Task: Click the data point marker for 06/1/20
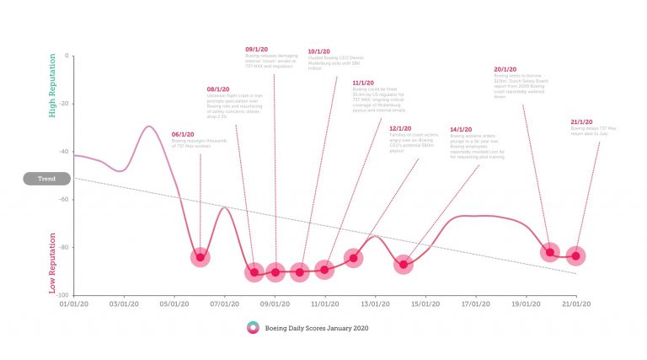click(200, 256)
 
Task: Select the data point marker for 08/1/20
click(254, 271)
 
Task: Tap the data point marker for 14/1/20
click(404, 265)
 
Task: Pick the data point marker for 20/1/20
click(549, 252)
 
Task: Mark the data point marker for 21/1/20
click(576, 255)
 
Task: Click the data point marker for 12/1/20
click(353, 258)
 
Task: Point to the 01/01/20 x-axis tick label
click(73, 303)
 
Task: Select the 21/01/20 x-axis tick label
click(577, 303)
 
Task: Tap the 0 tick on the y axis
click(67, 56)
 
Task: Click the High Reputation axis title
click(52, 86)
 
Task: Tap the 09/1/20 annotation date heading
click(256, 50)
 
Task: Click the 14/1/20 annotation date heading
click(460, 129)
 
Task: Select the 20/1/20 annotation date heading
click(505, 69)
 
